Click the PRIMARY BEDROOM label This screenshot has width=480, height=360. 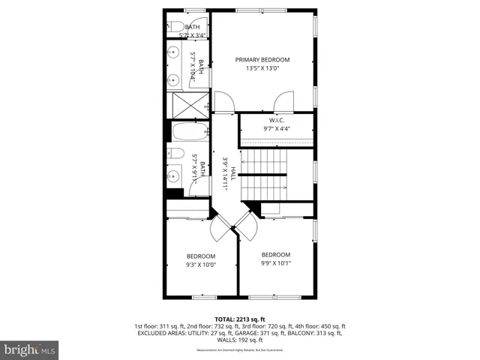tap(262, 60)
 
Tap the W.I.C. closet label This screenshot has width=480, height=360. tap(277, 120)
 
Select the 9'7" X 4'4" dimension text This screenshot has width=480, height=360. tap(277, 129)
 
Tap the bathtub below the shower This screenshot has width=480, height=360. tap(188, 133)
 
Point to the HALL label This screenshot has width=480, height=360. tap(233, 173)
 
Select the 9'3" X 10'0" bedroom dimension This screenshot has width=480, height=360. tap(201, 264)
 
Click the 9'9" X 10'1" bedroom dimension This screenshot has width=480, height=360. tap(276, 263)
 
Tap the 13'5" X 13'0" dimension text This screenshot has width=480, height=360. tap(262, 69)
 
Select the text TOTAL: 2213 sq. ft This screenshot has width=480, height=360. tap(240, 319)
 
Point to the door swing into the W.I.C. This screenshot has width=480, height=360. tap(283, 100)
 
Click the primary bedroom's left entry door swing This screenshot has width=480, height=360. tap(222, 100)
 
